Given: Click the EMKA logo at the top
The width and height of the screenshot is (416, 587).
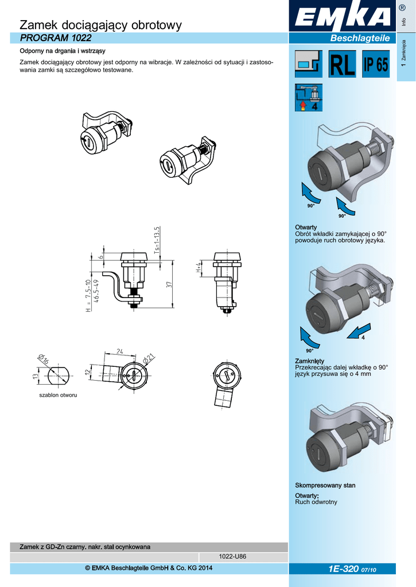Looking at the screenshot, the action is click(343, 19).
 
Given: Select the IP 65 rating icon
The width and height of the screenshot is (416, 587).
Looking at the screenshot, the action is click(375, 65).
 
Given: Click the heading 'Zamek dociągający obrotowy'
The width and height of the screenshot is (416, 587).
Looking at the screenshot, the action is click(100, 25).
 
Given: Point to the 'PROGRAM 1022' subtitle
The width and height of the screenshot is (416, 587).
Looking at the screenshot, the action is click(48, 38).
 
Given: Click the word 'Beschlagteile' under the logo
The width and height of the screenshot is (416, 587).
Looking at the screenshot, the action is click(360, 38).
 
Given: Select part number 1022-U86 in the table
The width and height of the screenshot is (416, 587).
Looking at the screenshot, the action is click(233, 557).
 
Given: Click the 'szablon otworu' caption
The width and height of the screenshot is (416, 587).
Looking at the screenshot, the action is click(58, 396).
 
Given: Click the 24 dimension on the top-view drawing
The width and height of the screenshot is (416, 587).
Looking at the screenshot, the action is click(120, 351).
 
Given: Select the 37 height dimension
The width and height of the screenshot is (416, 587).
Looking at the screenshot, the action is click(169, 285).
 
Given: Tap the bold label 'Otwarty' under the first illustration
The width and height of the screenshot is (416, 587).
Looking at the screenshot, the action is click(306, 228).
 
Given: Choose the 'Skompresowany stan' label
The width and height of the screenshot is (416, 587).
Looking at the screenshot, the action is click(325, 486).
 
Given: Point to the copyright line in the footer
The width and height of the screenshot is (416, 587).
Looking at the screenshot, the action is click(149, 568).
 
